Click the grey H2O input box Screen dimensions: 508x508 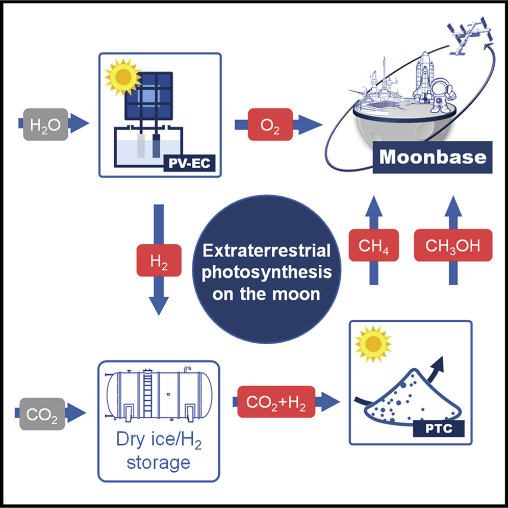[42, 124]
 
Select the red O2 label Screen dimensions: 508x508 [271, 124]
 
